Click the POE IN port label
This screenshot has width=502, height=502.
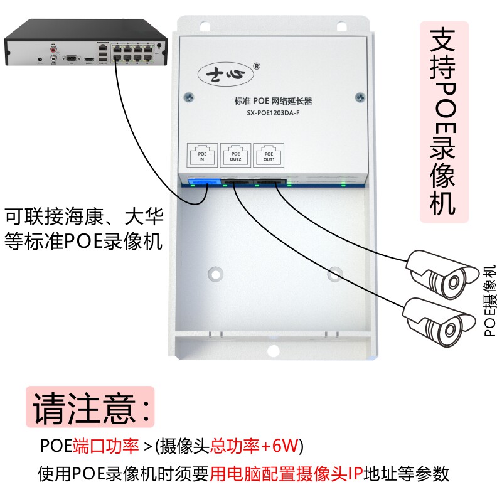[x=202, y=156]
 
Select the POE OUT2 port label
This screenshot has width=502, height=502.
[x=235, y=156]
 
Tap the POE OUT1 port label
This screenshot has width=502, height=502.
[x=269, y=156]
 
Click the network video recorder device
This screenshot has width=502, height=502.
[x=87, y=44]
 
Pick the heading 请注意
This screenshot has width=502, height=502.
[x=90, y=407]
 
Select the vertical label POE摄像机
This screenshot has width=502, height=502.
[x=490, y=301]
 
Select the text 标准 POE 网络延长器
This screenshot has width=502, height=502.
[x=273, y=100]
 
